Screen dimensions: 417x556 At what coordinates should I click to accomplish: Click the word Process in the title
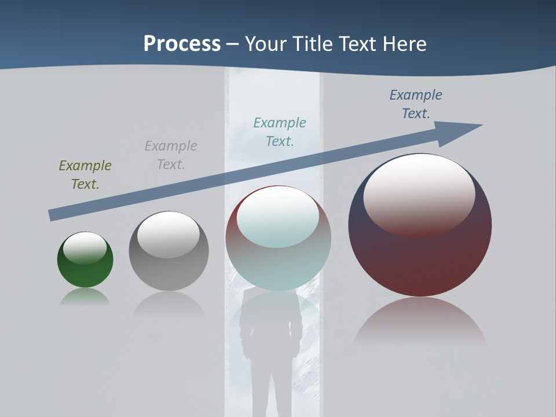pos(182,43)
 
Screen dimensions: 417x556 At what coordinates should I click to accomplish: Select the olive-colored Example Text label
pos(85,175)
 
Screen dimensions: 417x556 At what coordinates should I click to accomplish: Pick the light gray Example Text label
pos(171,155)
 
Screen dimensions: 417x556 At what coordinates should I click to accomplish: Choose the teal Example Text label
pos(280,132)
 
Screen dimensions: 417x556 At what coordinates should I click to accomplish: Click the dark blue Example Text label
pos(415,104)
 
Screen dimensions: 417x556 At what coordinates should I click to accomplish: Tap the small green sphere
pos(85,272)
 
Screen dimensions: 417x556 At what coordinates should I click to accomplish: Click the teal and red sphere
pos(278,266)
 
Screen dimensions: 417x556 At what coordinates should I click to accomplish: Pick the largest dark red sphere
pos(420,261)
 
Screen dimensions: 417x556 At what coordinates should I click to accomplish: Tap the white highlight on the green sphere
pos(85,248)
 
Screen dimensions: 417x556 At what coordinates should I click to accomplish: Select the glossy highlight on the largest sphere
pos(419,194)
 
